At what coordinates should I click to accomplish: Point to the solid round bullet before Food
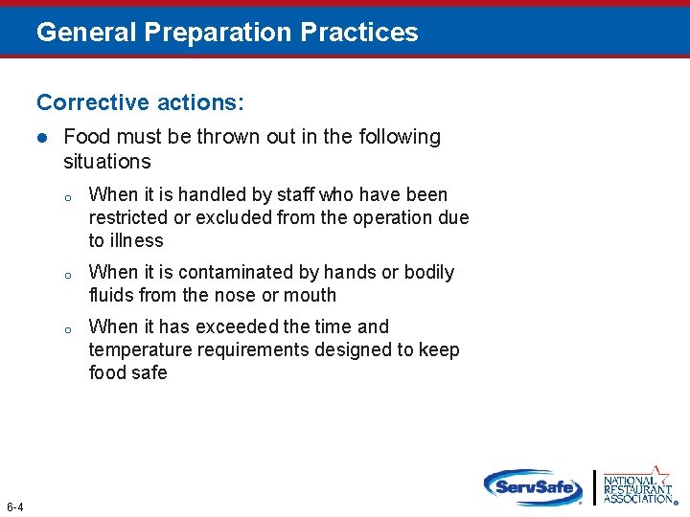42,138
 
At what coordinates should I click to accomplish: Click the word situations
106,161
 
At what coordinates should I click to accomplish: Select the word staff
295,194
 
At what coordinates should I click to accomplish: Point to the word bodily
429,272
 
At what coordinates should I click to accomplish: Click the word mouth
311,295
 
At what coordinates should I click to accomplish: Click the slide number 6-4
15,506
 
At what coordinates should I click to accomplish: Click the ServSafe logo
533,486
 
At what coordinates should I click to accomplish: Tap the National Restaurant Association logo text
637,489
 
